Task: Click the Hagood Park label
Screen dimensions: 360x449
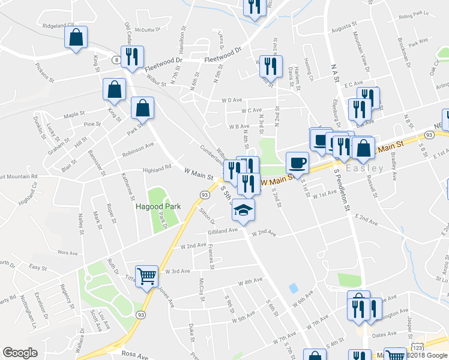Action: (157, 206)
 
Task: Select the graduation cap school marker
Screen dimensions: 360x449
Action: (244, 209)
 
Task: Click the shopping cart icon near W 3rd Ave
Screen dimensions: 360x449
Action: (146, 277)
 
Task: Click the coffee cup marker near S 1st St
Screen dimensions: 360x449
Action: (297, 163)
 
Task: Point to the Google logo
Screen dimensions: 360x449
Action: (20, 353)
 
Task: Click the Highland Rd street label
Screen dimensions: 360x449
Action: (157, 170)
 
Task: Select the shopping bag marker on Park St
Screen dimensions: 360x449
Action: (142, 109)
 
